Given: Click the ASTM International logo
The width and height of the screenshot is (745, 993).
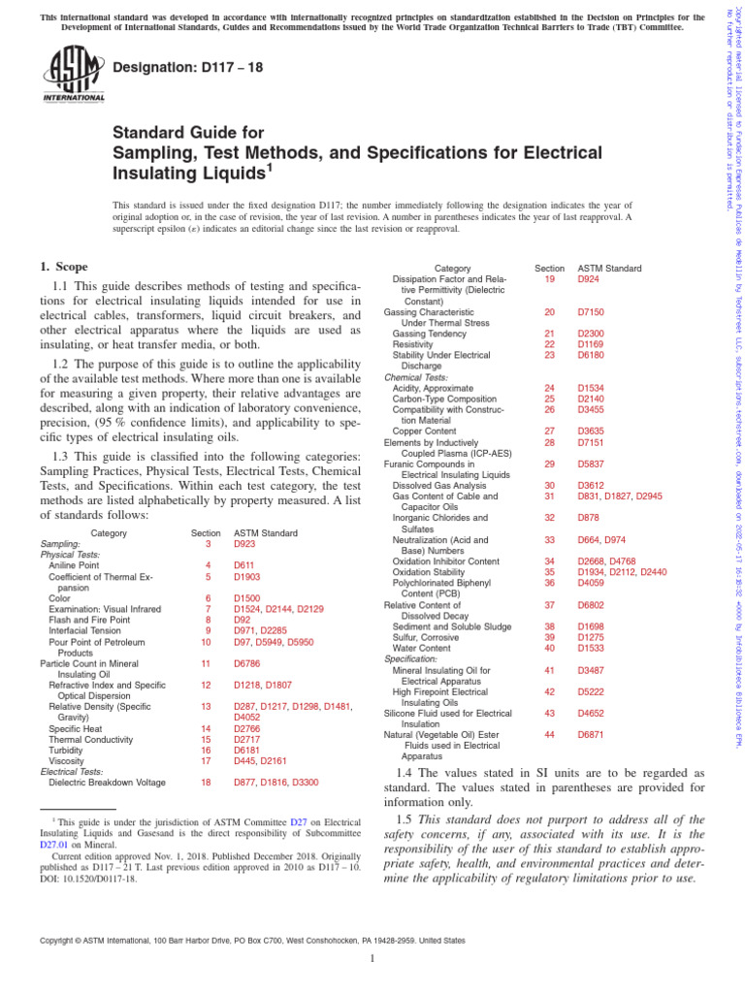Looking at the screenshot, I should (74, 75).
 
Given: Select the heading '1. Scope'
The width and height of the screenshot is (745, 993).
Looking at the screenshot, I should (63, 267).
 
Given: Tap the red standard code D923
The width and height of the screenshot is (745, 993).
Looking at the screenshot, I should (244, 545).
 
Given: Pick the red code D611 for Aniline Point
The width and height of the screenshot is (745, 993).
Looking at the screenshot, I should (243, 564).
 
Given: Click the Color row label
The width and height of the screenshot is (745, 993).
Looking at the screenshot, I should (60, 599).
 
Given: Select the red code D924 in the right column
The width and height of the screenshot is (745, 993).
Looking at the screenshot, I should (589, 278).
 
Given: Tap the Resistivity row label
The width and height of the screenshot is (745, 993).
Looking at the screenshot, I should (415, 343).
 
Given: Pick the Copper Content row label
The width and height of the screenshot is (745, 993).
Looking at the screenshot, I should (425, 431).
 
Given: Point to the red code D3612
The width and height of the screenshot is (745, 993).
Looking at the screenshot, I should (592, 485).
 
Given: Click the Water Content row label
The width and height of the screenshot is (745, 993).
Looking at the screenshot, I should (422, 648).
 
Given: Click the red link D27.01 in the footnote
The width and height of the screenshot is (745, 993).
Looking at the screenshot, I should (53, 845).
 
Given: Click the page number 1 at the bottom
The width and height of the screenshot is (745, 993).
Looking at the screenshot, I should (372, 959).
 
